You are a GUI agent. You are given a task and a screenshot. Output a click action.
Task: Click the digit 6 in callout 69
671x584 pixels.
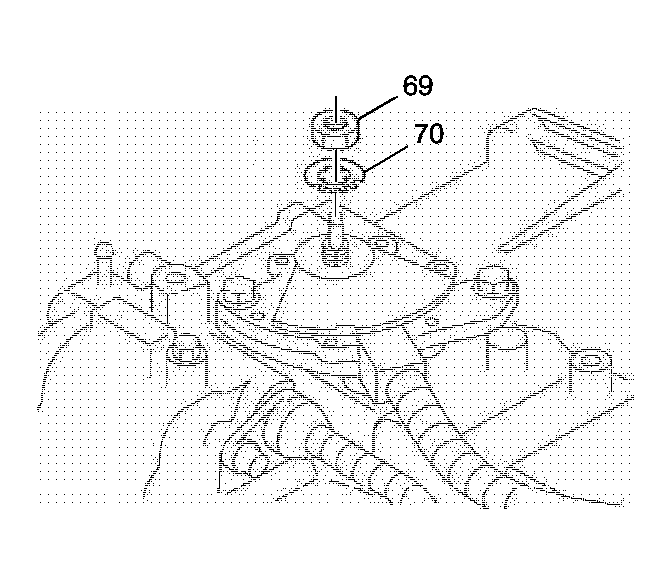click(410, 85)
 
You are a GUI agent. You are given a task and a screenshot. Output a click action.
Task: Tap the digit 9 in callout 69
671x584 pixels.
click(425, 85)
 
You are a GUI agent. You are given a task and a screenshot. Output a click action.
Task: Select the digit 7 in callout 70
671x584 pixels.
click(422, 134)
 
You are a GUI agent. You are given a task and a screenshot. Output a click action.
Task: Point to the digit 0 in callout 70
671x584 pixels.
click(436, 134)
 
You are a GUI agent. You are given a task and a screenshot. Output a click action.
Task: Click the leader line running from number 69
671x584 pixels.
click(378, 107)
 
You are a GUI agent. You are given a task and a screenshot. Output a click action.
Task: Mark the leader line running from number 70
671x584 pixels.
click(385, 158)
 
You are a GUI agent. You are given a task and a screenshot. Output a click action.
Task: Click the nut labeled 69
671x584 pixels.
click(335, 129)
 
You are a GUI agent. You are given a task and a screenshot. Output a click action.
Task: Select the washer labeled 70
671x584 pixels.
click(335, 174)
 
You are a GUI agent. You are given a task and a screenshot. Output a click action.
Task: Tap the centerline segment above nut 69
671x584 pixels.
click(335, 109)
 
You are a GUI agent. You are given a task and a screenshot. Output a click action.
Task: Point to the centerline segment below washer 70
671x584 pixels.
click(335, 204)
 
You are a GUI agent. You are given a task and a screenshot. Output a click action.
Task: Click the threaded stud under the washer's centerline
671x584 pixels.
click(335, 247)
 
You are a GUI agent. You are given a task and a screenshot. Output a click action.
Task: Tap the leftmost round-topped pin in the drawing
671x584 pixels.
click(104, 257)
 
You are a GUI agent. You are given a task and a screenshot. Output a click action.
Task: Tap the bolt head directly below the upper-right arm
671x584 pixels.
click(494, 285)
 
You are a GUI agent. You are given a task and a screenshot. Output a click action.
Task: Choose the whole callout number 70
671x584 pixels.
click(429, 134)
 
